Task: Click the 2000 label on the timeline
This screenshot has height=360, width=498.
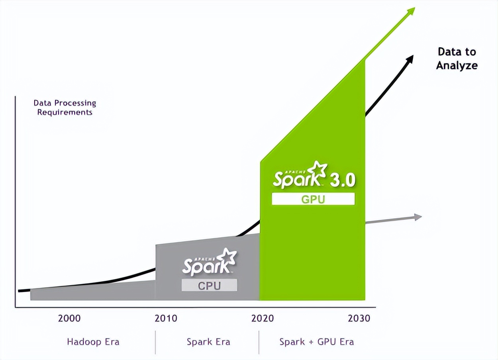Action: (x=69, y=318)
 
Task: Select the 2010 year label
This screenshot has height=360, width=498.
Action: (x=166, y=318)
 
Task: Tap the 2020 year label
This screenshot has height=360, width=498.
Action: (x=263, y=318)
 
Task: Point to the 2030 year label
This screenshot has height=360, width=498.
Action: (x=359, y=318)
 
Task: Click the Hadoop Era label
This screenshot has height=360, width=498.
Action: (x=93, y=342)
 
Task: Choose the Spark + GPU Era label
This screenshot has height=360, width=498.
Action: (x=316, y=342)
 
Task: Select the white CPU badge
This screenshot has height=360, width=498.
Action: (x=209, y=285)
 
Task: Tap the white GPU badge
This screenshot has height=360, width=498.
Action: (x=313, y=199)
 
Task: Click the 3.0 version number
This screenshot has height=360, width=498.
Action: (x=342, y=180)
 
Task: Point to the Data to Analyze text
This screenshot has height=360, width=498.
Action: (x=457, y=59)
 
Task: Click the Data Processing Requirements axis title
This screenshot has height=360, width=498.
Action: (x=65, y=108)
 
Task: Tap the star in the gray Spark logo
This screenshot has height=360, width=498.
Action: (x=229, y=257)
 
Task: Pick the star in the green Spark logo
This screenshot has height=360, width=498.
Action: (x=319, y=170)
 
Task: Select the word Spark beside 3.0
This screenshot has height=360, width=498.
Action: (x=297, y=179)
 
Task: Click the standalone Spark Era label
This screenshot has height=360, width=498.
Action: (x=208, y=342)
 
